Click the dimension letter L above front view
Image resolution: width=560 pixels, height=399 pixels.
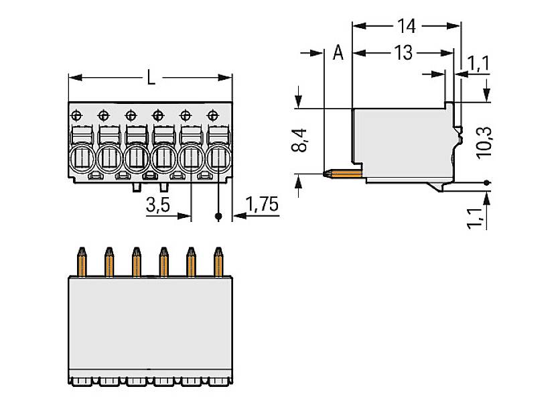pos(151,78)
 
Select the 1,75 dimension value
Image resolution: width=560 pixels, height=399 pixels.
pos(262,205)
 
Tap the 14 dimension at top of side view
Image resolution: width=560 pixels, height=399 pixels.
pos(406,26)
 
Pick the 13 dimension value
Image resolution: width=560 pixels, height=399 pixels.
pos(403,53)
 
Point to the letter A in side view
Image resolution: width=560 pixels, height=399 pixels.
pos(338,53)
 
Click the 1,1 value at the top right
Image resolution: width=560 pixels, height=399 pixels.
pos(478,64)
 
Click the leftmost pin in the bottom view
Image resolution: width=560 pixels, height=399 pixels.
pos(82,262)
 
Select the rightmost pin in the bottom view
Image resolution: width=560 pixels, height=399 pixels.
pos(218,262)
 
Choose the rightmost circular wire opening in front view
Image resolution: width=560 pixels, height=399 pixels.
pos(218,159)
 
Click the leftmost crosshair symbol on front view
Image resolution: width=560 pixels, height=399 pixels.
pos(77,114)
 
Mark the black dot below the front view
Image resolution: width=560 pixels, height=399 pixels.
pos(218,217)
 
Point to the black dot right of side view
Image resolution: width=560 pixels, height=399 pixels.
pos(486,182)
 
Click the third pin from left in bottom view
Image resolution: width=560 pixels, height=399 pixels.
pos(136,262)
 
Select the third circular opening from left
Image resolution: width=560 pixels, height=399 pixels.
pos(136,159)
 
